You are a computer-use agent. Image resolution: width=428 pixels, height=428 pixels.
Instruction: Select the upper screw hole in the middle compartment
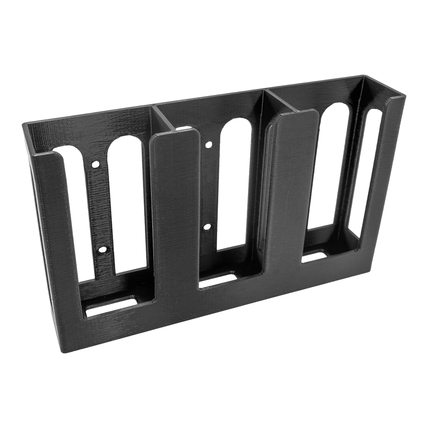[209, 144]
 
